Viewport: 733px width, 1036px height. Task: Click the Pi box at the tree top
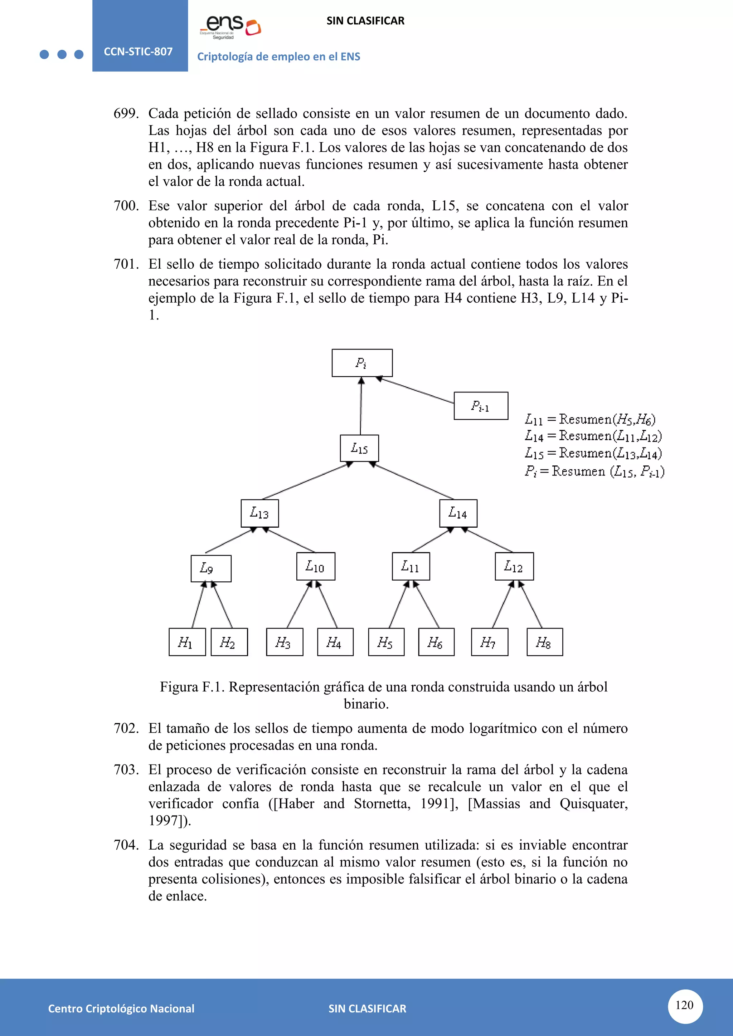click(x=362, y=363)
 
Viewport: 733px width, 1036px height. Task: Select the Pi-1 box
click(x=481, y=406)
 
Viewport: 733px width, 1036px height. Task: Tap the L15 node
click(x=359, y=448)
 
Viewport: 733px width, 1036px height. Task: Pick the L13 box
click(x=259, y=513)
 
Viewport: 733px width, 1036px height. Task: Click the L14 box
click(x=458, y=513)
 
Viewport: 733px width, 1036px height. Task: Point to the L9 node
click(x=211, y=568)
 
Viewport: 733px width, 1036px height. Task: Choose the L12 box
click(x=514, y=566)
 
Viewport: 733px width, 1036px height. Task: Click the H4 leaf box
click(x=335, y=642)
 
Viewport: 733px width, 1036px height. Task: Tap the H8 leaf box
click(x=544, y=642)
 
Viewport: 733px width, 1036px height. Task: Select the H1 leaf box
click(x=187, y=642)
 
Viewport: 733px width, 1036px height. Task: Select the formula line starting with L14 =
click(x=593, y=435)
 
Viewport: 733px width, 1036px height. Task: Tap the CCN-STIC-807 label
click(x=138, y=52)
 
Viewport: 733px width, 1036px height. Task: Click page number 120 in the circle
click(x=684, y=1005)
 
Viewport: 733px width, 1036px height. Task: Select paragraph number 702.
click(x=126, y=728)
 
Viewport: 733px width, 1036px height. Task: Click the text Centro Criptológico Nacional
click(x=121, y=1008)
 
